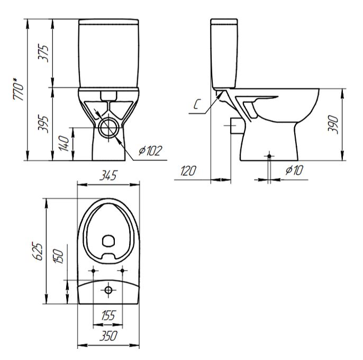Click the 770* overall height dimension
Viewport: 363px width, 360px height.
point(19,89)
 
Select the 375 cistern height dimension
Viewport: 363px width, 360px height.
point(43,53)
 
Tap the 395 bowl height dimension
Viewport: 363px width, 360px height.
point(43,124)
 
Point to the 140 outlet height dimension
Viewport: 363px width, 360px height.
point(63,143)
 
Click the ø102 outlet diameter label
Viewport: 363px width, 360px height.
point(150,151)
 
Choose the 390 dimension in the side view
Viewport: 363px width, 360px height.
point(333,124)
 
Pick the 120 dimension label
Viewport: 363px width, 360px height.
point(188,170)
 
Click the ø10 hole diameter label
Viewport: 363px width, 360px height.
point(294,170)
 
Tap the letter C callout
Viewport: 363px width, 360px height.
point(196,104)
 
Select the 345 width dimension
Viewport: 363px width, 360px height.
point(108,175)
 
